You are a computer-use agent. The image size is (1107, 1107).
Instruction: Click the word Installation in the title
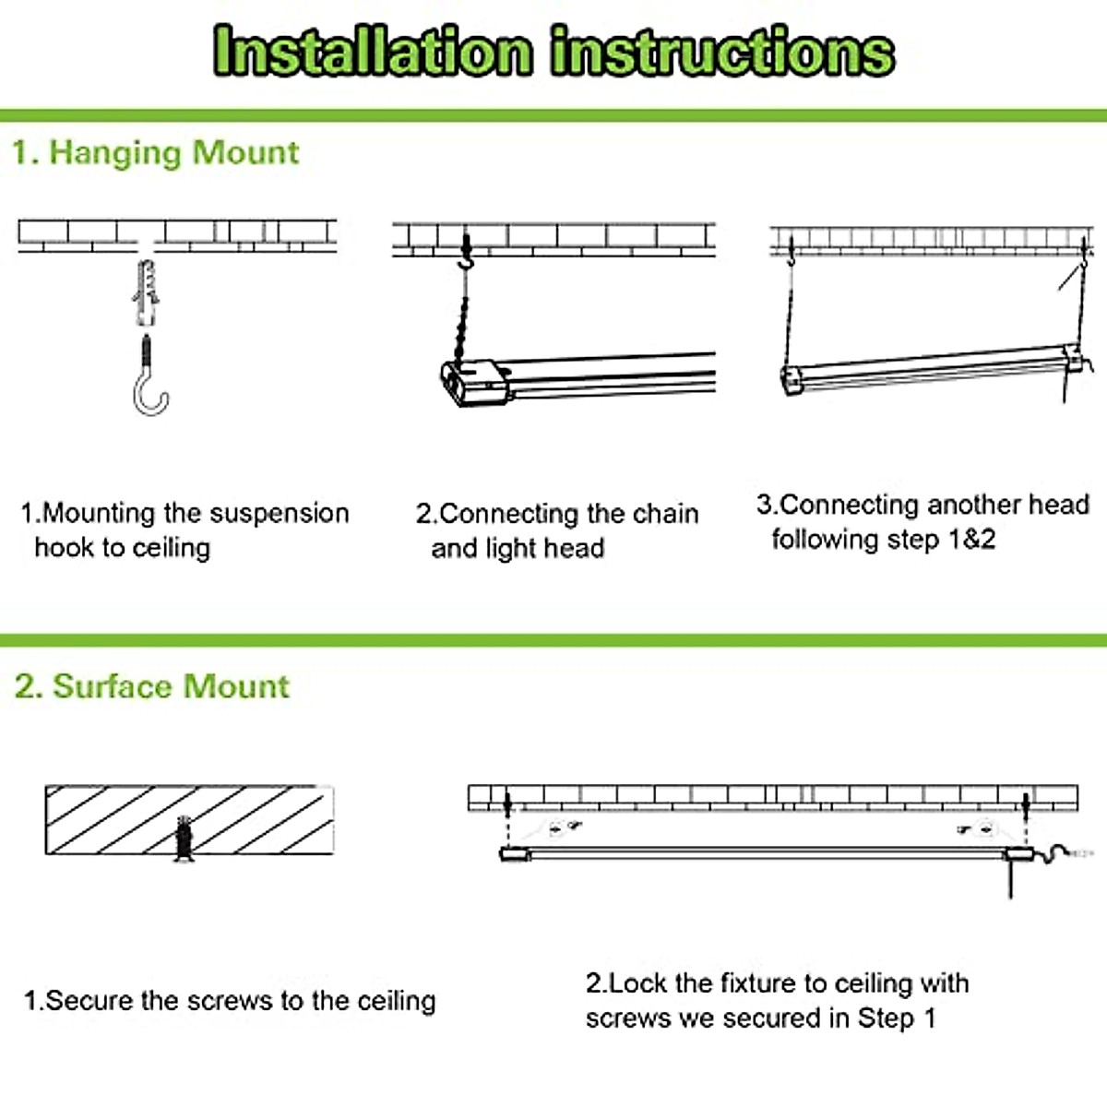tap(373, 52)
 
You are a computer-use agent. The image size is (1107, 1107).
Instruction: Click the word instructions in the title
tap(722, 52)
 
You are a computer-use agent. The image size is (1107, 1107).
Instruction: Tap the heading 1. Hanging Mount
tap(155, 152)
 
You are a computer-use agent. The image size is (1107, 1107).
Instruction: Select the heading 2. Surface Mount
tap(152, 686)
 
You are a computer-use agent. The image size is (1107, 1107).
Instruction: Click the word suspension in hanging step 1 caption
tap(278, 513)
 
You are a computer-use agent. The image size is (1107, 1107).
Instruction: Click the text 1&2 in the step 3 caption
tap(971, 539)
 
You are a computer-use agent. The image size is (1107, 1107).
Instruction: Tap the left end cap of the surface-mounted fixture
tap(515, 854)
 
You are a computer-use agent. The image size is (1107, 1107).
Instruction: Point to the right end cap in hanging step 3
tap(1074, 358)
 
